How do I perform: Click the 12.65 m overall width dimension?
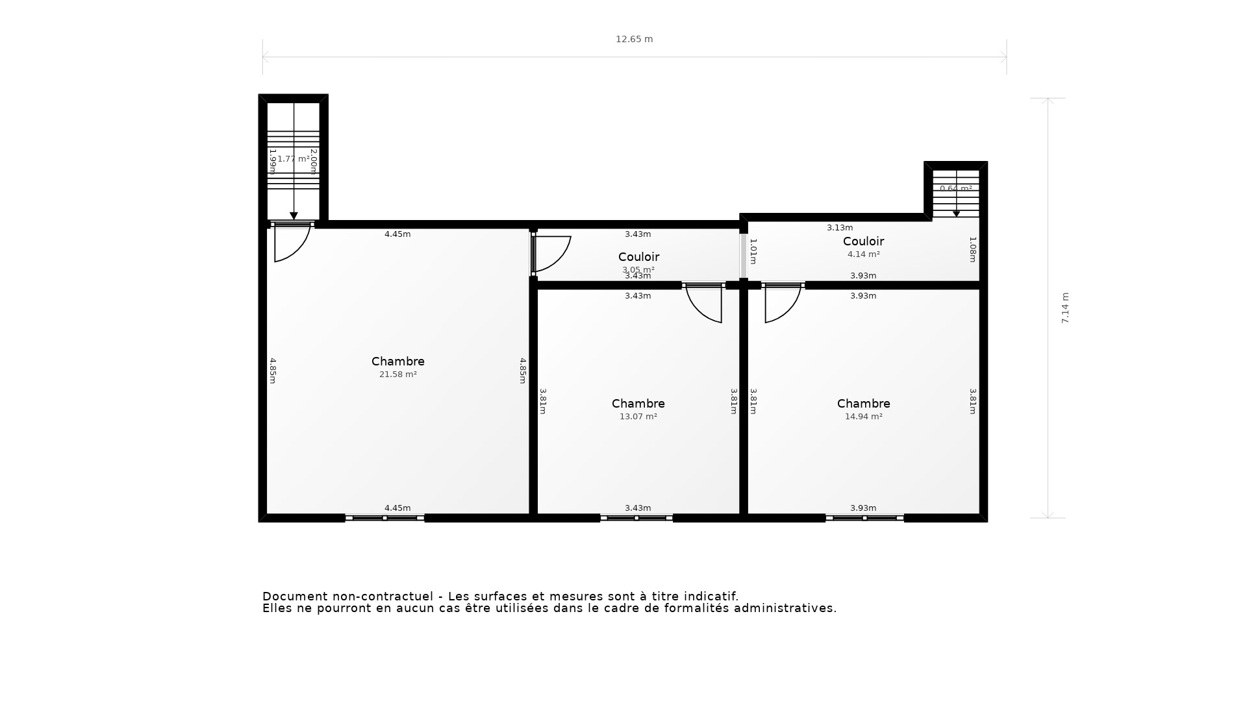[x=634, y=39]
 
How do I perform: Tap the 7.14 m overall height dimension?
[x=1065, y=308]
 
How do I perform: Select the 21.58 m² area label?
[x=397, y=375]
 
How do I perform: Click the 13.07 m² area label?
[x=638, y=417]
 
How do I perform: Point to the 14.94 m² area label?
[x=863, y=417]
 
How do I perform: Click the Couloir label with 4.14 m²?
[x=863, y=241]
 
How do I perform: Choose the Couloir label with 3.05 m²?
[x=638, y=257]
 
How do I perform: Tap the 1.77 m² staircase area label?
[x=294, y=159]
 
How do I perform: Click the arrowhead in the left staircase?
[x=294, y=216]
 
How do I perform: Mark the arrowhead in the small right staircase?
[x=956, y=214]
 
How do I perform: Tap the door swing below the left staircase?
[x=290, y=243]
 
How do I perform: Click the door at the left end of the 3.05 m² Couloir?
[x=549, y=253]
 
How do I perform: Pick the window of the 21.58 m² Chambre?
[x=384, y=518]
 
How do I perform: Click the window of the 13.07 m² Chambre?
[x=636, y=518]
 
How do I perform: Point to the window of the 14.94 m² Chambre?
[x=864, y=518]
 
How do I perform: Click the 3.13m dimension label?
[x=840, y=228]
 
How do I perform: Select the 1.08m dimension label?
[x=973, y=249]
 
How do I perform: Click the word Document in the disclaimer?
[x=295, y=596]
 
